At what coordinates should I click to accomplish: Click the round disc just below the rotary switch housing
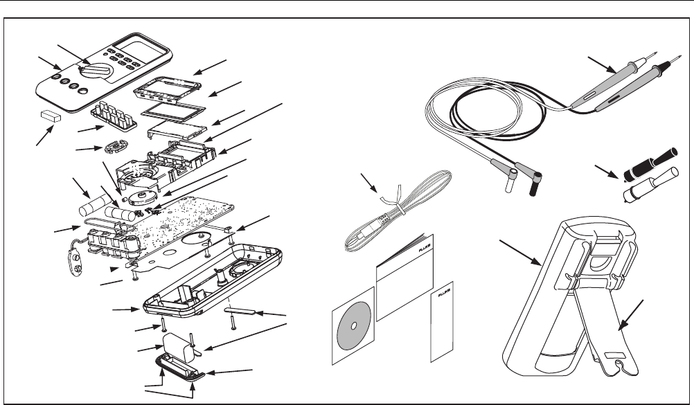point(143,196)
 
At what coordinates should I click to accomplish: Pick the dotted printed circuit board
point(187,222)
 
